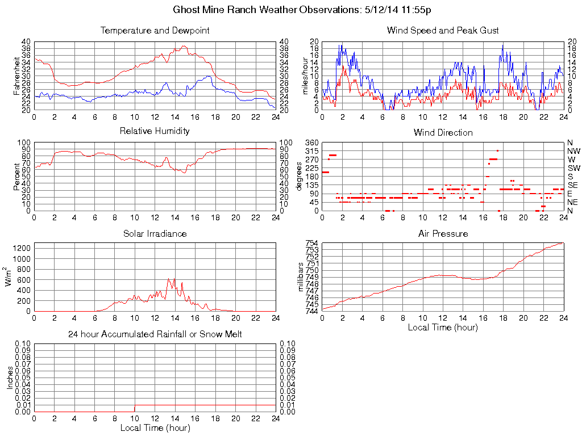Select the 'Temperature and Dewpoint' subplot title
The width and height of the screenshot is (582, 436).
155,30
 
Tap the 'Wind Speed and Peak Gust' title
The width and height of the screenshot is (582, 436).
443,30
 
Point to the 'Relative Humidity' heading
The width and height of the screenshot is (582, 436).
155,131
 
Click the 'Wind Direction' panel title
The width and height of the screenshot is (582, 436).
443,132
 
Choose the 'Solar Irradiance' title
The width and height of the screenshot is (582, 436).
155,233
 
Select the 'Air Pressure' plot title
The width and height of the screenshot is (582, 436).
443,233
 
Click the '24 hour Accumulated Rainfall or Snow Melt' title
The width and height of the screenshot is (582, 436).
155,334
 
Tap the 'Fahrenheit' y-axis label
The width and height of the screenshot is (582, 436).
16,76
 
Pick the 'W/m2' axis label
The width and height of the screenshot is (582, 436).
10,276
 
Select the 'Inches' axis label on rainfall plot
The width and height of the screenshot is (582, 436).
10,377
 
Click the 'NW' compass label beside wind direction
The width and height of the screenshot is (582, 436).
573,151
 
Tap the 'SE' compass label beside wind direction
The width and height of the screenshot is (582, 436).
572,185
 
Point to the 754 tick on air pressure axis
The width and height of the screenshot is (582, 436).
313,243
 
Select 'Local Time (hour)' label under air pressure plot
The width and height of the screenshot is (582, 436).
443,327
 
